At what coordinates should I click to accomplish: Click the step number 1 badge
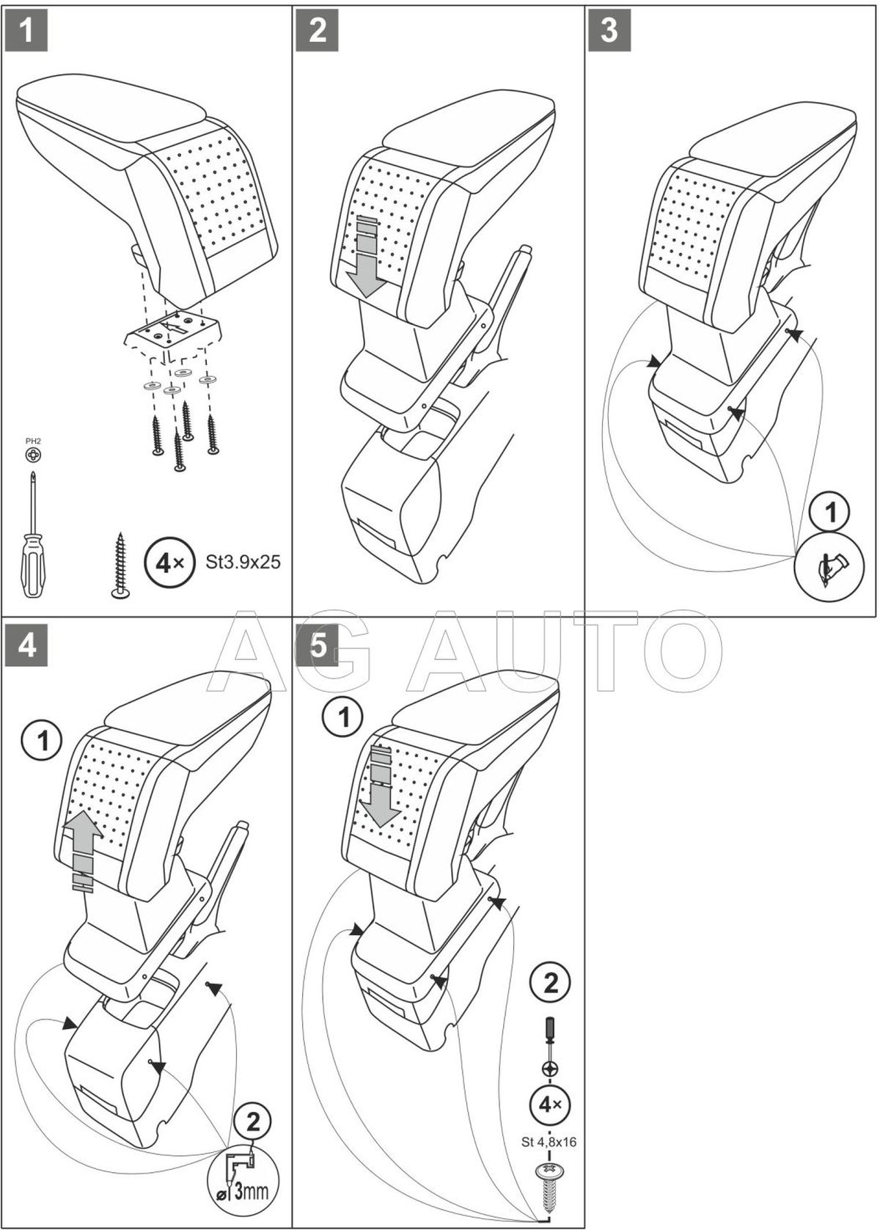point(26,32)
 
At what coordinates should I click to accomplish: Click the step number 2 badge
point(318,32)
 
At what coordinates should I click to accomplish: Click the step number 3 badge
point(609,32)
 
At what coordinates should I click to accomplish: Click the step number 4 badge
point(26,647)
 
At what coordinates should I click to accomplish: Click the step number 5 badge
point(318,647)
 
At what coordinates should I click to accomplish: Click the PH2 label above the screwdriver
point(33,441)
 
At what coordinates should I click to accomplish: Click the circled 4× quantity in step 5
point(551,1102)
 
